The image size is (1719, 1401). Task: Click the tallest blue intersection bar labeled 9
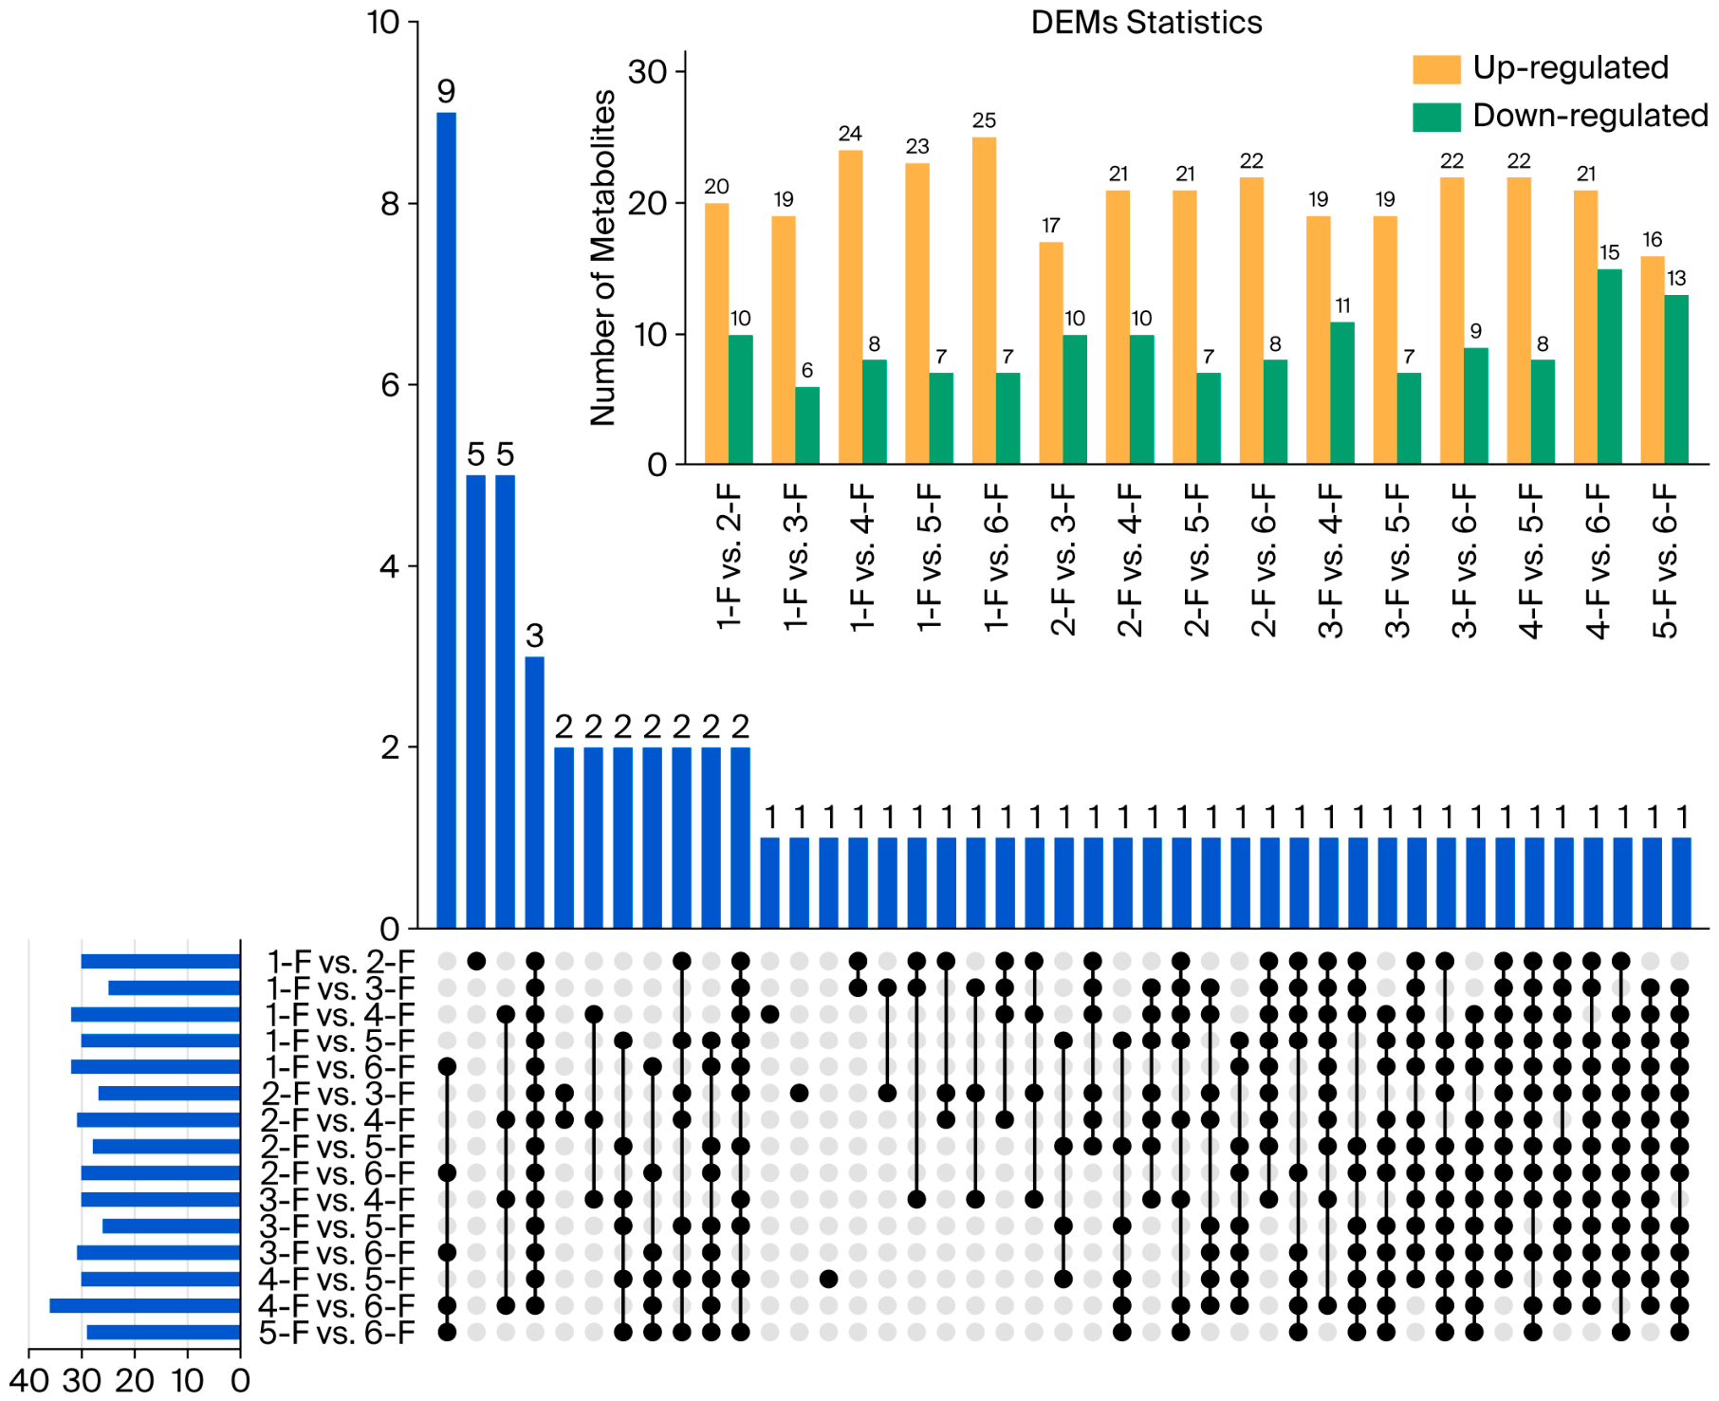[446, 520]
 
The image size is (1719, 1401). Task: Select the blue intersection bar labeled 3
[535, 792]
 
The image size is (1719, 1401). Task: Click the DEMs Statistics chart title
[1146, 23]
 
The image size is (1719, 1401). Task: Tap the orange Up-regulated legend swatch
[1436, 69]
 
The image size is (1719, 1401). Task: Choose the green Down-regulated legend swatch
[1436, 117]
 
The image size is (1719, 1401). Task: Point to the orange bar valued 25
[984, 301]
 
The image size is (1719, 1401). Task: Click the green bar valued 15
[1610, 366]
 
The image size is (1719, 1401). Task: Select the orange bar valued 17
[1051, 353]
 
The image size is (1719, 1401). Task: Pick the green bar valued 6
[807, 425]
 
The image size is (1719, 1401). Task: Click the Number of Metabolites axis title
[603, 258]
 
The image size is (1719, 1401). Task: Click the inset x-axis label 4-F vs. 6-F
[1599, 560]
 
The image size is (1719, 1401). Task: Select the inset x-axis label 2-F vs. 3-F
[1063, 560]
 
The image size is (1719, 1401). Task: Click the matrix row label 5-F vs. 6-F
[337, 1333]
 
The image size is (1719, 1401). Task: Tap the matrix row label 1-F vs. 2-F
[341, 962]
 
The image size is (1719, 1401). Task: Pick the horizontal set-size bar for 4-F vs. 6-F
[144, 1306]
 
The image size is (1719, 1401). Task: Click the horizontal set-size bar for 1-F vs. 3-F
[175, 988]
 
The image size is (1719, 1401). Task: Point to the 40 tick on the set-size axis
[28, 1380]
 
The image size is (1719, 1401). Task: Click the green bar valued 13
[1676, 379]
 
